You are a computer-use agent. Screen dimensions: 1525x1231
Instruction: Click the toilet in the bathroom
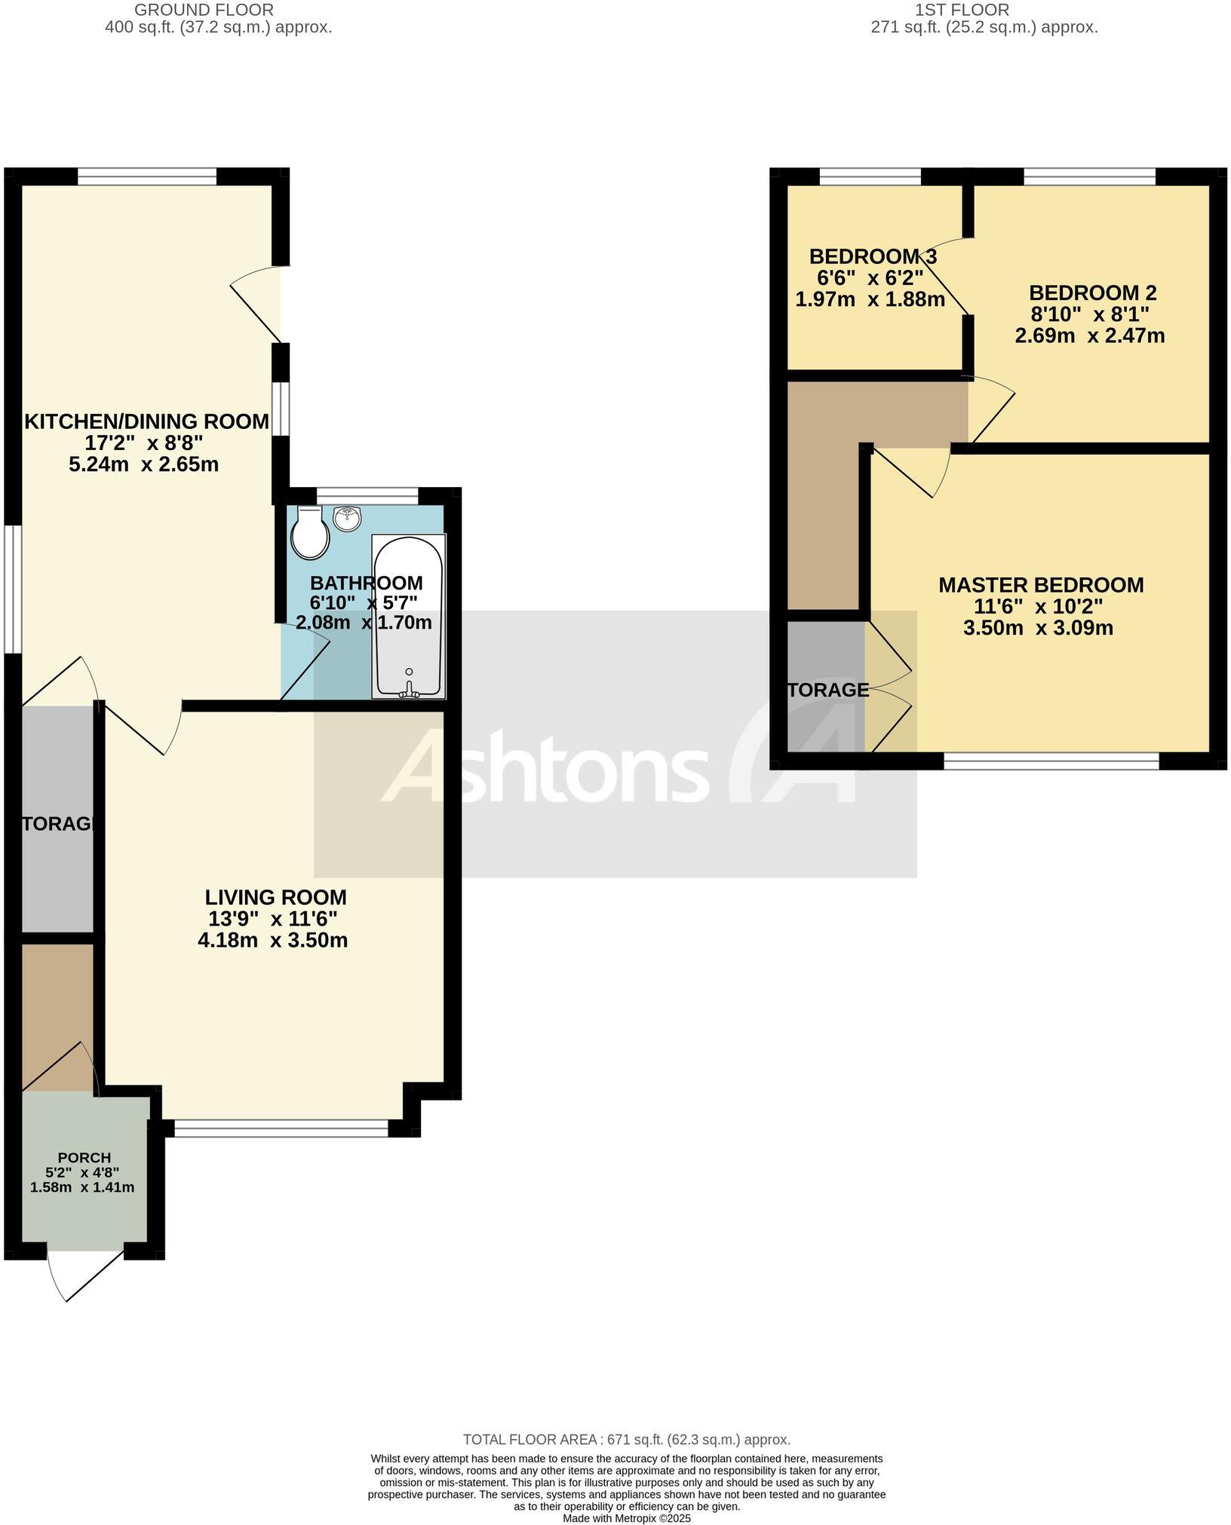310,534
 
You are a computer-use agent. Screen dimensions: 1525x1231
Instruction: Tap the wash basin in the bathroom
347,517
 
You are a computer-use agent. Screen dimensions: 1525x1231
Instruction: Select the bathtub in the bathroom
408,617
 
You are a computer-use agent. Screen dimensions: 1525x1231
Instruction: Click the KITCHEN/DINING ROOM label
146,421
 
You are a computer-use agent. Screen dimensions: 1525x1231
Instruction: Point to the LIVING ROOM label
276,897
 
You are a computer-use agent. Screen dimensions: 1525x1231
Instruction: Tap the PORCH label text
84,1157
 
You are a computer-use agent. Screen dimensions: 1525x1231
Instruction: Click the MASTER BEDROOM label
1041,585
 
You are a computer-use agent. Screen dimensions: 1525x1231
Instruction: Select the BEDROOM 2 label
1093,292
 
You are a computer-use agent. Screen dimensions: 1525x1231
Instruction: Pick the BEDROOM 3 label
873,256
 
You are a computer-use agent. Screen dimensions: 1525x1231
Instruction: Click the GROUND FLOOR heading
204,10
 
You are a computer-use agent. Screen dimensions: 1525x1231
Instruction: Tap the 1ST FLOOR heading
962,10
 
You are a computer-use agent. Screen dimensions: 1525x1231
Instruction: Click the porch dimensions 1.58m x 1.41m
82,1187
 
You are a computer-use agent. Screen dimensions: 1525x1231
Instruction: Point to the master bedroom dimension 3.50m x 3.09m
1038,628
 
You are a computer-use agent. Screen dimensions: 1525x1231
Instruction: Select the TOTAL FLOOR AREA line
626,1439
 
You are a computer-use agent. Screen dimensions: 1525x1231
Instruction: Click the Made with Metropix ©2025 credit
626,1519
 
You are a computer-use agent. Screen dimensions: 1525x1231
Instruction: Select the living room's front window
281,1128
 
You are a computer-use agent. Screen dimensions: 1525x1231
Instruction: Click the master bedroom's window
1051,761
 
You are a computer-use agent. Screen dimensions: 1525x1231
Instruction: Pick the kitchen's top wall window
146,176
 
